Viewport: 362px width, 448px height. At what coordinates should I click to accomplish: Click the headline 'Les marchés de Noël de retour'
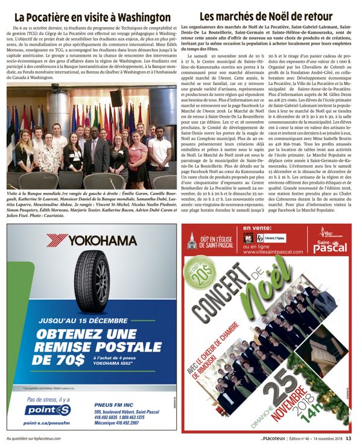[265, 16]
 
